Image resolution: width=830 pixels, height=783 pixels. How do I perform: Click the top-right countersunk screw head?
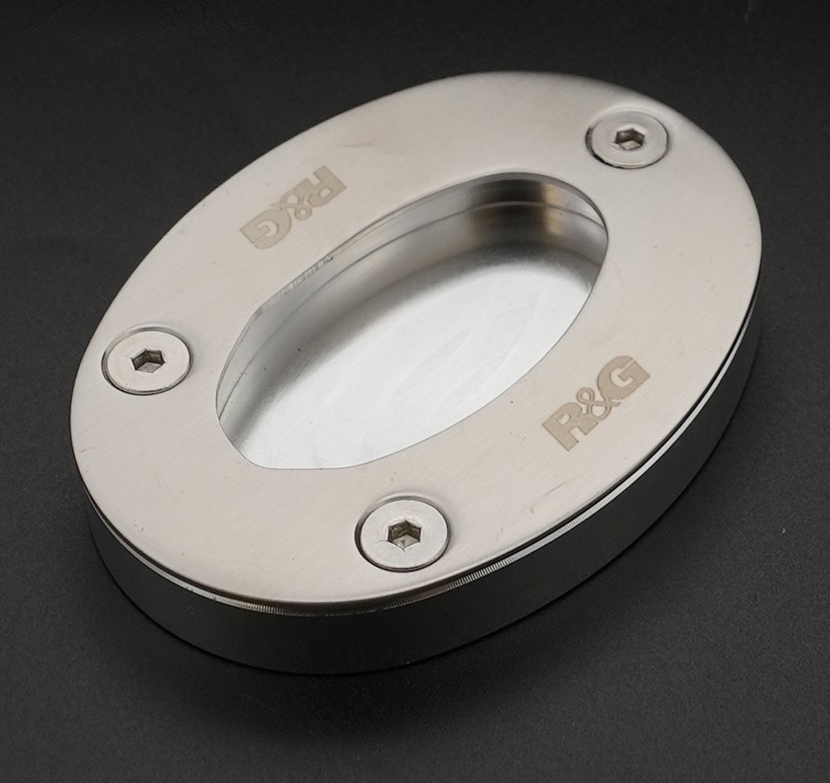point(627,139)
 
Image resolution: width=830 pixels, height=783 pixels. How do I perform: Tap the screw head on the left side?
point(146,360)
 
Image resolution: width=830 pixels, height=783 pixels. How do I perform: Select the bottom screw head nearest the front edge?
point(403,531)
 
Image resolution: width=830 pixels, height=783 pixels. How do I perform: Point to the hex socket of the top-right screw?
point(626,138)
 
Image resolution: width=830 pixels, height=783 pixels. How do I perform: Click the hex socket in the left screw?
point(142,360)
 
